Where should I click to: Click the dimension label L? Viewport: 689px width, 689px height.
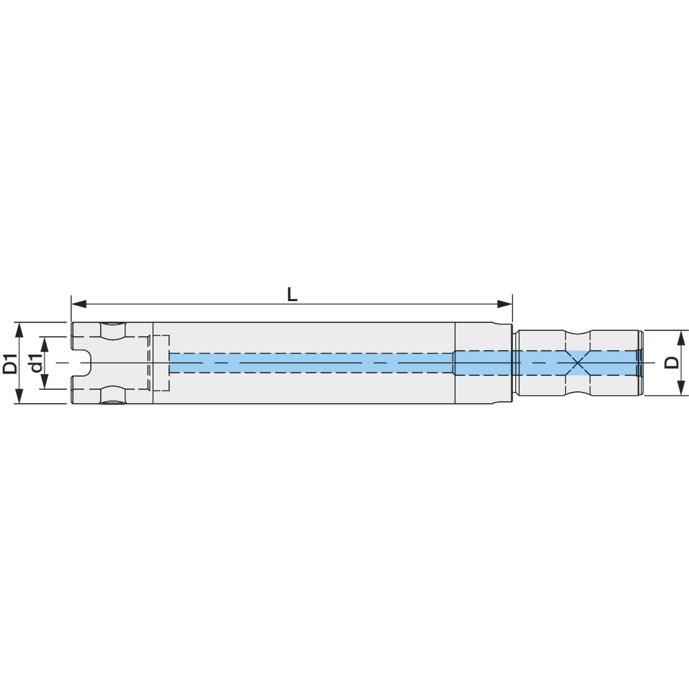292,294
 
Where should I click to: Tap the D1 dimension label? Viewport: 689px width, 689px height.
10,363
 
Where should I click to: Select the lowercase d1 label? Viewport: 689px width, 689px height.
34,363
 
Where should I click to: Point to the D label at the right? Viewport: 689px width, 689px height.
672,363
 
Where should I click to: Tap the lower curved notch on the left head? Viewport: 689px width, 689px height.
113,395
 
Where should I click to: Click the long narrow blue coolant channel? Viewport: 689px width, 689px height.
310,362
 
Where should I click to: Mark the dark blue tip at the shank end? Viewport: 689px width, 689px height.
639,362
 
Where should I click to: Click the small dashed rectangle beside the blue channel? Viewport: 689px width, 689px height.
161,362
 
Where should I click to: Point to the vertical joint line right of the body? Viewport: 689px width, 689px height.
455,362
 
